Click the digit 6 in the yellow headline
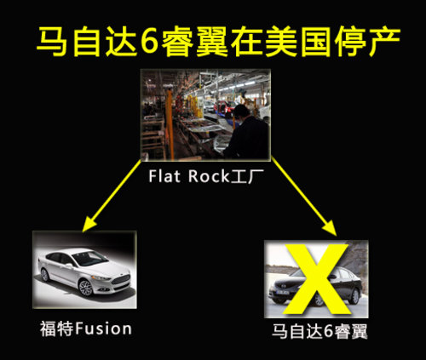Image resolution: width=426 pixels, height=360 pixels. point(149,42)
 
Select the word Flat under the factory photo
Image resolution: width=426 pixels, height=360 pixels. point(164,176)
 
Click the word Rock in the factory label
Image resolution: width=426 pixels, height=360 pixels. point(209,176)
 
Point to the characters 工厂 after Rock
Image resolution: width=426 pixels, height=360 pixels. point(246,176)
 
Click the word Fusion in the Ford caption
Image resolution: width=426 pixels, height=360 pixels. point(104,329)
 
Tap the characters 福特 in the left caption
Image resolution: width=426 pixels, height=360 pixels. point(57,329)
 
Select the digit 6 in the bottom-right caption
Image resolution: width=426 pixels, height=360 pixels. point(329,331)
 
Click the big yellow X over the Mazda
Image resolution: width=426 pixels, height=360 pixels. point(316,279)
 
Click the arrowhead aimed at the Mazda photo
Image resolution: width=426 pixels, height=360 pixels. point(331,228)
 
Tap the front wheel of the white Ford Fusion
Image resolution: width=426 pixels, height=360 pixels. point(85,288)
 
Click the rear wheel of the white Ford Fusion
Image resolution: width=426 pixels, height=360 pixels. point(45,275)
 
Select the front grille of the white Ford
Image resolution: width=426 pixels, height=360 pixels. point(121,279)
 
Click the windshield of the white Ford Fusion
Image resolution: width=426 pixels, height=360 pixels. point(89,258)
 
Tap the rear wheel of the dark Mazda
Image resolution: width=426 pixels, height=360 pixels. point(355,296)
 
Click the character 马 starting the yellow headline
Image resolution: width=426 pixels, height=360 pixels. point(52,42)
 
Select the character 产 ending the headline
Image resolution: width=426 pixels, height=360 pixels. point(383,41)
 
